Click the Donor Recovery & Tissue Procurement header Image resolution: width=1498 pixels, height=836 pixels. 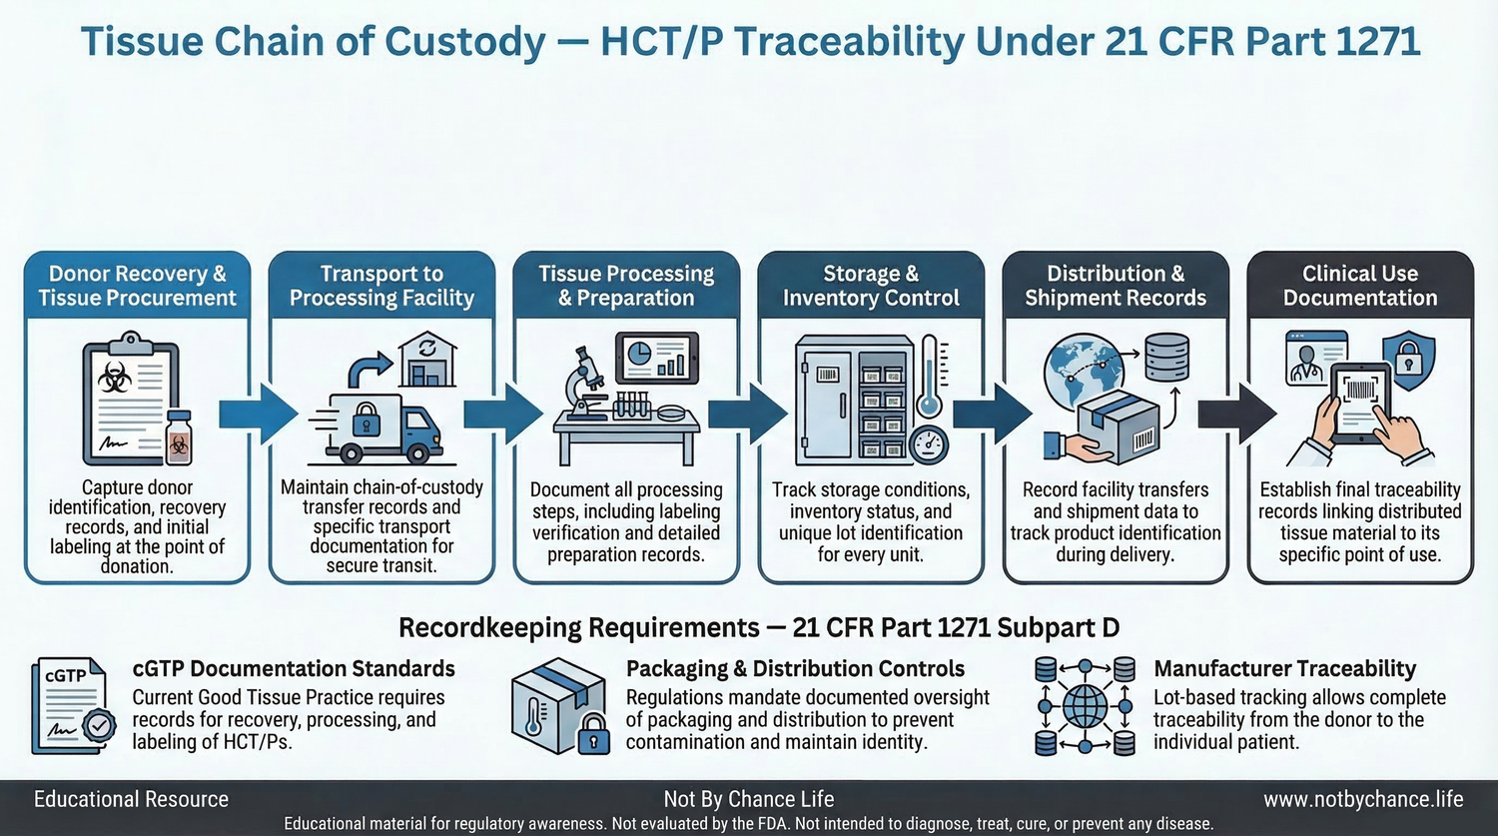tap(137, 286)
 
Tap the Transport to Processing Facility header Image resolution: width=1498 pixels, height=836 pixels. tap(381, 286)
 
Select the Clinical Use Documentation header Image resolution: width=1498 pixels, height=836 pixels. tap(1359, 286)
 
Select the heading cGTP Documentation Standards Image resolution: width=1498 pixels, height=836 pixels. tap(294, 668)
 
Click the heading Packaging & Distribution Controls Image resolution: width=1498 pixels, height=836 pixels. tap(795, 668)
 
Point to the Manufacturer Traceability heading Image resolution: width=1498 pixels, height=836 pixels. tap(1284, 668)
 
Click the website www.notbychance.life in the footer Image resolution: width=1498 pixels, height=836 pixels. tap(1362, 799)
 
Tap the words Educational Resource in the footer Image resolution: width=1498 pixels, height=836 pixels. tap(131, 799)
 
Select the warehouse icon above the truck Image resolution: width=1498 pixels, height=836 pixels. tap(426, 361)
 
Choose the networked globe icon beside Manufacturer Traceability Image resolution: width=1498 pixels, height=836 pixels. tap(1085, 705)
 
